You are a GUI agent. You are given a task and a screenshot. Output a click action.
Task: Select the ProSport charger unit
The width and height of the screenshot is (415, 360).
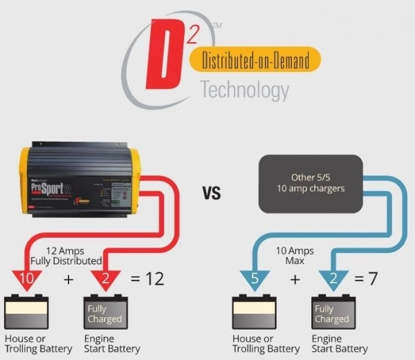coord(78,177)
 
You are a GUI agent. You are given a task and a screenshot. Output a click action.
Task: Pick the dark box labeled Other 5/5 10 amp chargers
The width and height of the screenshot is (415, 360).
coord(310,183)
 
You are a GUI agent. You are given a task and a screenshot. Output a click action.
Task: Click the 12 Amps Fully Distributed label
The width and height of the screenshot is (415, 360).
coord(65,255)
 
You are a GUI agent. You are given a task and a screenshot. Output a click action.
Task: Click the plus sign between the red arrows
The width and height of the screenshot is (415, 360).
coord(68,278)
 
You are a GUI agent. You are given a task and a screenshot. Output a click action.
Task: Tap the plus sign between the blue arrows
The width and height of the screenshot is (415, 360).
coord(295,278)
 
